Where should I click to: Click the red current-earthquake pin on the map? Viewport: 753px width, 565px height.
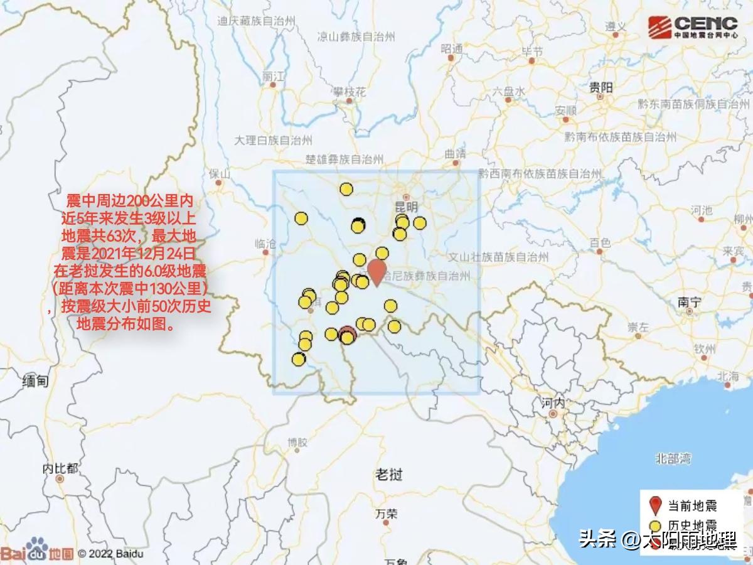point(376,271)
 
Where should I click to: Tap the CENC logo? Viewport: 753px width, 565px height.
point(693,27)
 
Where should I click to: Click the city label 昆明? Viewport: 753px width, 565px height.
point(407,207)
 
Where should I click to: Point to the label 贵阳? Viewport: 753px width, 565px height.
point(601,89)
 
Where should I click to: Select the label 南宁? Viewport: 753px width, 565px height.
point(688,302)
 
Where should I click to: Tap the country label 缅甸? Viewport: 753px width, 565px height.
point(35,380)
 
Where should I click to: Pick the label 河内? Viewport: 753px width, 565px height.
point(553,402)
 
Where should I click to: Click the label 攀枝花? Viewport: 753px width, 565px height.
point(350,92)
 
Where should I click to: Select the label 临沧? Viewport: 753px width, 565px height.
point(266,243)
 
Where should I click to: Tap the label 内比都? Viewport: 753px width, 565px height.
point(60,468)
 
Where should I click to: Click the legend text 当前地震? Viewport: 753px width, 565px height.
point(692,505)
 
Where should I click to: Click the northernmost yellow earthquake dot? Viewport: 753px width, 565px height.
point(346,189)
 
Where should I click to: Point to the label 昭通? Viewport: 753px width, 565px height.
point(452,48)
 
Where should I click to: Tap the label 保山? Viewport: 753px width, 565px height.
point(220,173)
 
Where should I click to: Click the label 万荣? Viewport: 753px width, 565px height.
point(387,514)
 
